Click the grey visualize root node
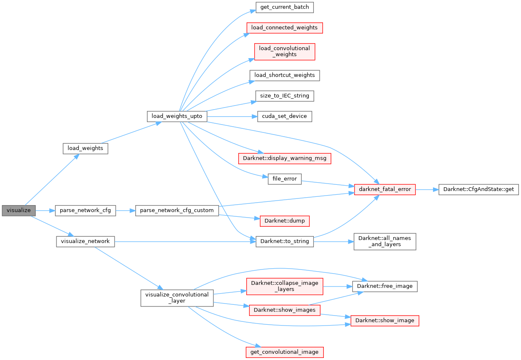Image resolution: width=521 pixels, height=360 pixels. pos(19,211)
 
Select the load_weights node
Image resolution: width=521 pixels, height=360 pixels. pos(85,148)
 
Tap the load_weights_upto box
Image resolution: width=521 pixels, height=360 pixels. pos(176,116)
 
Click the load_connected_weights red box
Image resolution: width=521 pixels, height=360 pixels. pos(284,28)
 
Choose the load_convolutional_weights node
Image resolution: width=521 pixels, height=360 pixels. pos(284,51)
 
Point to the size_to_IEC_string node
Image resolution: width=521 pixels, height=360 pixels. pos(284,96)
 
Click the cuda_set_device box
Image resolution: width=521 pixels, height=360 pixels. pos(284,116)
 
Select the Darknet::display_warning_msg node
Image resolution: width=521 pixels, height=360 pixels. pos(284,158)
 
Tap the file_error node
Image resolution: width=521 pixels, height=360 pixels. pos(284,179)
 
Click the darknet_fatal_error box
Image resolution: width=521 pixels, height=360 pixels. pos(385,189)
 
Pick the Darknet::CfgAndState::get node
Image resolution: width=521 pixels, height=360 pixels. pos(478,189)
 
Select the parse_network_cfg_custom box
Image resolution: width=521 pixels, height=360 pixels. pos(177,211)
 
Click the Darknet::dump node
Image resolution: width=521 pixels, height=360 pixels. pos(284,221)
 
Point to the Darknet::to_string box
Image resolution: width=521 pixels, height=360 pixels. pos(284,241)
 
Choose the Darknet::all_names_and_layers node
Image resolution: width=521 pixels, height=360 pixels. pos(384,241)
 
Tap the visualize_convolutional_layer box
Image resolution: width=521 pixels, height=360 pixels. pos(177,298)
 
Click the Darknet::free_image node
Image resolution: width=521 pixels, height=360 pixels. pos(384,286)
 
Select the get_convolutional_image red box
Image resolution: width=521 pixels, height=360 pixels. pos(284,352)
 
